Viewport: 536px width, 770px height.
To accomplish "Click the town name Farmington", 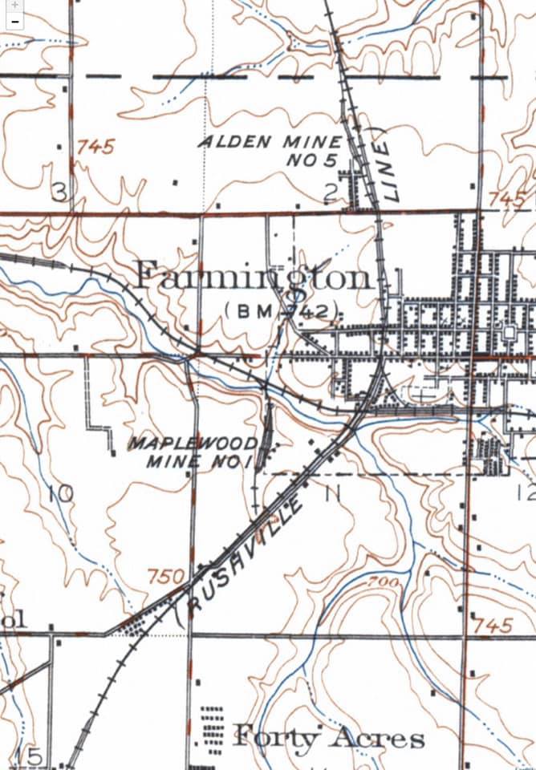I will click(253, 278).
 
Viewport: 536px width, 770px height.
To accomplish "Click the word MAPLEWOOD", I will click(193, 444).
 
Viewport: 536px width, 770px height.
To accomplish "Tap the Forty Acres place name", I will click(328, 737).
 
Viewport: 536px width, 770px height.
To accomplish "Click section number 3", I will click(59, 192).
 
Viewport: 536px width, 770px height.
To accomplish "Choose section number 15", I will click(32, 756).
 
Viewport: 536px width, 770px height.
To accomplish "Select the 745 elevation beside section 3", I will click(96, 147).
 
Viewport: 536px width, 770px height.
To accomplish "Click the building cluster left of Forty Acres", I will click(211, 730).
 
